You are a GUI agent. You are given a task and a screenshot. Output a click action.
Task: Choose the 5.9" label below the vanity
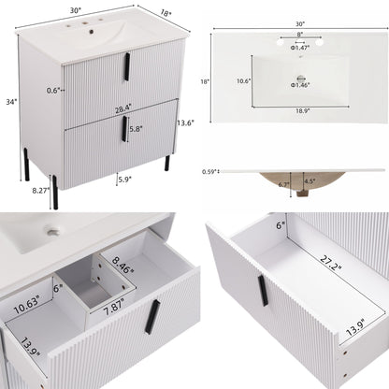click(122, 180)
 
